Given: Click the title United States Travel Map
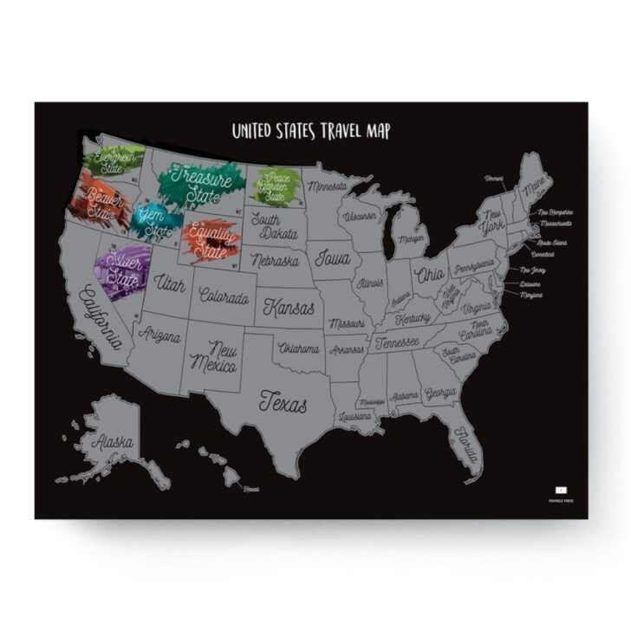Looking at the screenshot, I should click(311, 131).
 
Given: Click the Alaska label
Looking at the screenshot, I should click(114, 444).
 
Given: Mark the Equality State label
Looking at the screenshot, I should click(211, 239).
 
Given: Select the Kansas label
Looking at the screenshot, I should click(289, 309).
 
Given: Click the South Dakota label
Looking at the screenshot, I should click(276, 227).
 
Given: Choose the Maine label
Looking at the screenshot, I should click(537, 185).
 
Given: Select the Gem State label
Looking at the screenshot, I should click(156, 220).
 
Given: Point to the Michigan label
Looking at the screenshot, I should click(411, 237).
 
